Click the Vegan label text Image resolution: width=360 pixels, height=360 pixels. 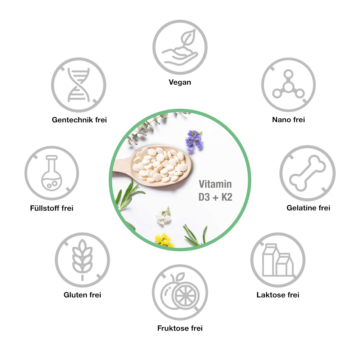pos(180,82)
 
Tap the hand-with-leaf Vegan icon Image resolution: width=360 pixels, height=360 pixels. pos(180,47)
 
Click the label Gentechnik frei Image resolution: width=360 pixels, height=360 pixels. pos(79,120)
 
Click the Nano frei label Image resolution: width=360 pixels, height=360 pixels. pos(288,120)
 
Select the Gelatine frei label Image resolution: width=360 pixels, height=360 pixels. pos(308,208)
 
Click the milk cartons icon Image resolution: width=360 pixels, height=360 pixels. pos(278,260)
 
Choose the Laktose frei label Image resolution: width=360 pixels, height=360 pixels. pos(278,295)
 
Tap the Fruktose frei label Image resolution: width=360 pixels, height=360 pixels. pos(180,328)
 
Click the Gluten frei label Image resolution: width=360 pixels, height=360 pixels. pos(82,295)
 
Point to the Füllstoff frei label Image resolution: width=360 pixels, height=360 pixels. pos(52,208)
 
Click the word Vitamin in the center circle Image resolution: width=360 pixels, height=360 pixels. pos(215,185)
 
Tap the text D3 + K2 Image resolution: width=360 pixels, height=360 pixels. pos(215,197)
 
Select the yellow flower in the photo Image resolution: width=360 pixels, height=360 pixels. pos(164,240)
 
